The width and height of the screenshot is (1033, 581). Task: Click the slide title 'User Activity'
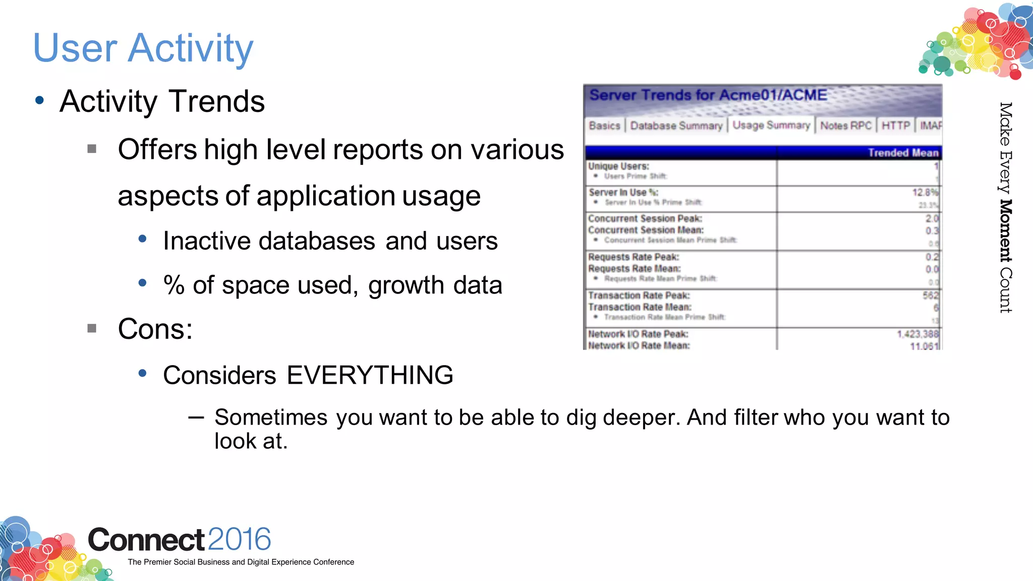coord(143,48)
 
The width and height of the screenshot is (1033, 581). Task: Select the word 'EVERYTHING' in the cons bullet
coord(370,375)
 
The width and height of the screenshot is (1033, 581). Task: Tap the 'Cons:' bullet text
coord(155,329)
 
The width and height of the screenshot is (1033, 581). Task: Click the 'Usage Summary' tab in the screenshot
coord(771,125)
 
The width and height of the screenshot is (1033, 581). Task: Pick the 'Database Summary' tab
coord(676,126)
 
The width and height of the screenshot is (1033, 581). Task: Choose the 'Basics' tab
coord(604,126)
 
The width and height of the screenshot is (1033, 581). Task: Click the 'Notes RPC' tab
coord(846,126)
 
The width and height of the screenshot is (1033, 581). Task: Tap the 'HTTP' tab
coord(896,126)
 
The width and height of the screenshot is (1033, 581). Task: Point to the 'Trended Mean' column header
coord(903,153)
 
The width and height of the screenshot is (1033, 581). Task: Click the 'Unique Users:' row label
coord(618,166)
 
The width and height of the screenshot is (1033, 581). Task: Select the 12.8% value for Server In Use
coord(925,192)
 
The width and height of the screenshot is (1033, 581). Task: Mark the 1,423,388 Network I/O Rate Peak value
coord(917,334)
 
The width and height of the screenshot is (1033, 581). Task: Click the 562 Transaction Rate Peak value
coord(931,295)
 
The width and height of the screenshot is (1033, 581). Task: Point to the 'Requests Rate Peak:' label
coord(634,257)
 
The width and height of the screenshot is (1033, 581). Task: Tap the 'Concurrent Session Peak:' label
coord(645,218)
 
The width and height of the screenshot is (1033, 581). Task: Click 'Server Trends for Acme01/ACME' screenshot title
coord(708,95)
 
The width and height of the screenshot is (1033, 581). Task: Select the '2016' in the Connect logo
coord(239,539)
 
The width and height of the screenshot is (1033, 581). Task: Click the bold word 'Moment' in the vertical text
coord(1006,230)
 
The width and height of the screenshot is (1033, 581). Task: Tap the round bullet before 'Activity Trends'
coord(40,100)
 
